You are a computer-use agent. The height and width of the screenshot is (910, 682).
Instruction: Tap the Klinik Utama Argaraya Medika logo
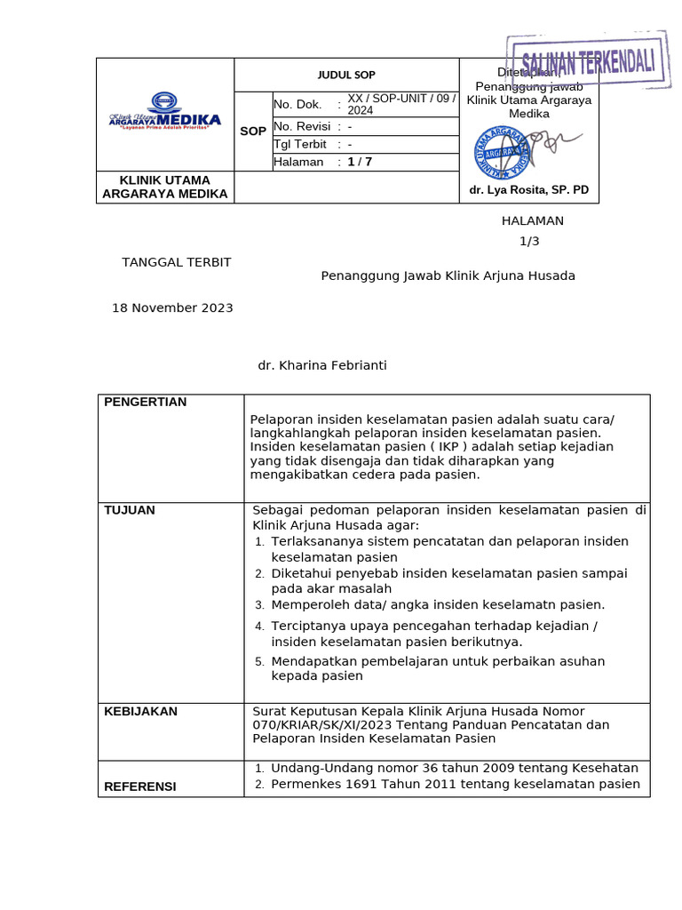pyautogui.click(x=165, y=111)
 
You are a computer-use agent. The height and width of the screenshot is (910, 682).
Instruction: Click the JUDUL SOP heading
pyautogui.click(x=346, y=75)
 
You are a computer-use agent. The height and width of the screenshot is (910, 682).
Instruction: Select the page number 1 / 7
pyautogui.click(x=361, y=162)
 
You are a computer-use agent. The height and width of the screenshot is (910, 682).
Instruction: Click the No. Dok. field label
pyautogui.click(x=297, y=105)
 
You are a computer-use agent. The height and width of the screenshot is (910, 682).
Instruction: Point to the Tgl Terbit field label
pyautogui.click(x=301, y=144)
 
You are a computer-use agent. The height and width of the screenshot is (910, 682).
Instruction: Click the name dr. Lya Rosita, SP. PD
pyautogui.click(x=529, y=190)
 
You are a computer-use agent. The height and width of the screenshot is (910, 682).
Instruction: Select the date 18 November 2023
pyautogui.click(x=172, y=307)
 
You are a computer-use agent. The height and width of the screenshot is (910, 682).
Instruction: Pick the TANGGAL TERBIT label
pyautogui.click(x=177, y=262)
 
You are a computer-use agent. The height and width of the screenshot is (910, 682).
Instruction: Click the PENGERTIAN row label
pyautogui.click(x=146, y=403)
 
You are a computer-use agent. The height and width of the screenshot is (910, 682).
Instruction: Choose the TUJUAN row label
pyautogui.click(x=130, y=510)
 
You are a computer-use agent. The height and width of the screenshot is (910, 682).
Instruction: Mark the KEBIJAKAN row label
pyautogui.click(x=141, y=712)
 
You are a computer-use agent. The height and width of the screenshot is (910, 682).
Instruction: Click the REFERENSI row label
pyautogui.click(x=140, y=786)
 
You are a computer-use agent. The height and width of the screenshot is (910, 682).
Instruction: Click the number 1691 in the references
pyautogui.click(x=356, y=784)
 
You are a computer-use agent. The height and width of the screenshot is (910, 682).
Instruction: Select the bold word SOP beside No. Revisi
pyautogui.click(x=253, y=132)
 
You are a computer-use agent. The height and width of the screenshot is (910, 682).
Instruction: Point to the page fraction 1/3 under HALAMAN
pyautogui.click(x=529, y=241)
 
